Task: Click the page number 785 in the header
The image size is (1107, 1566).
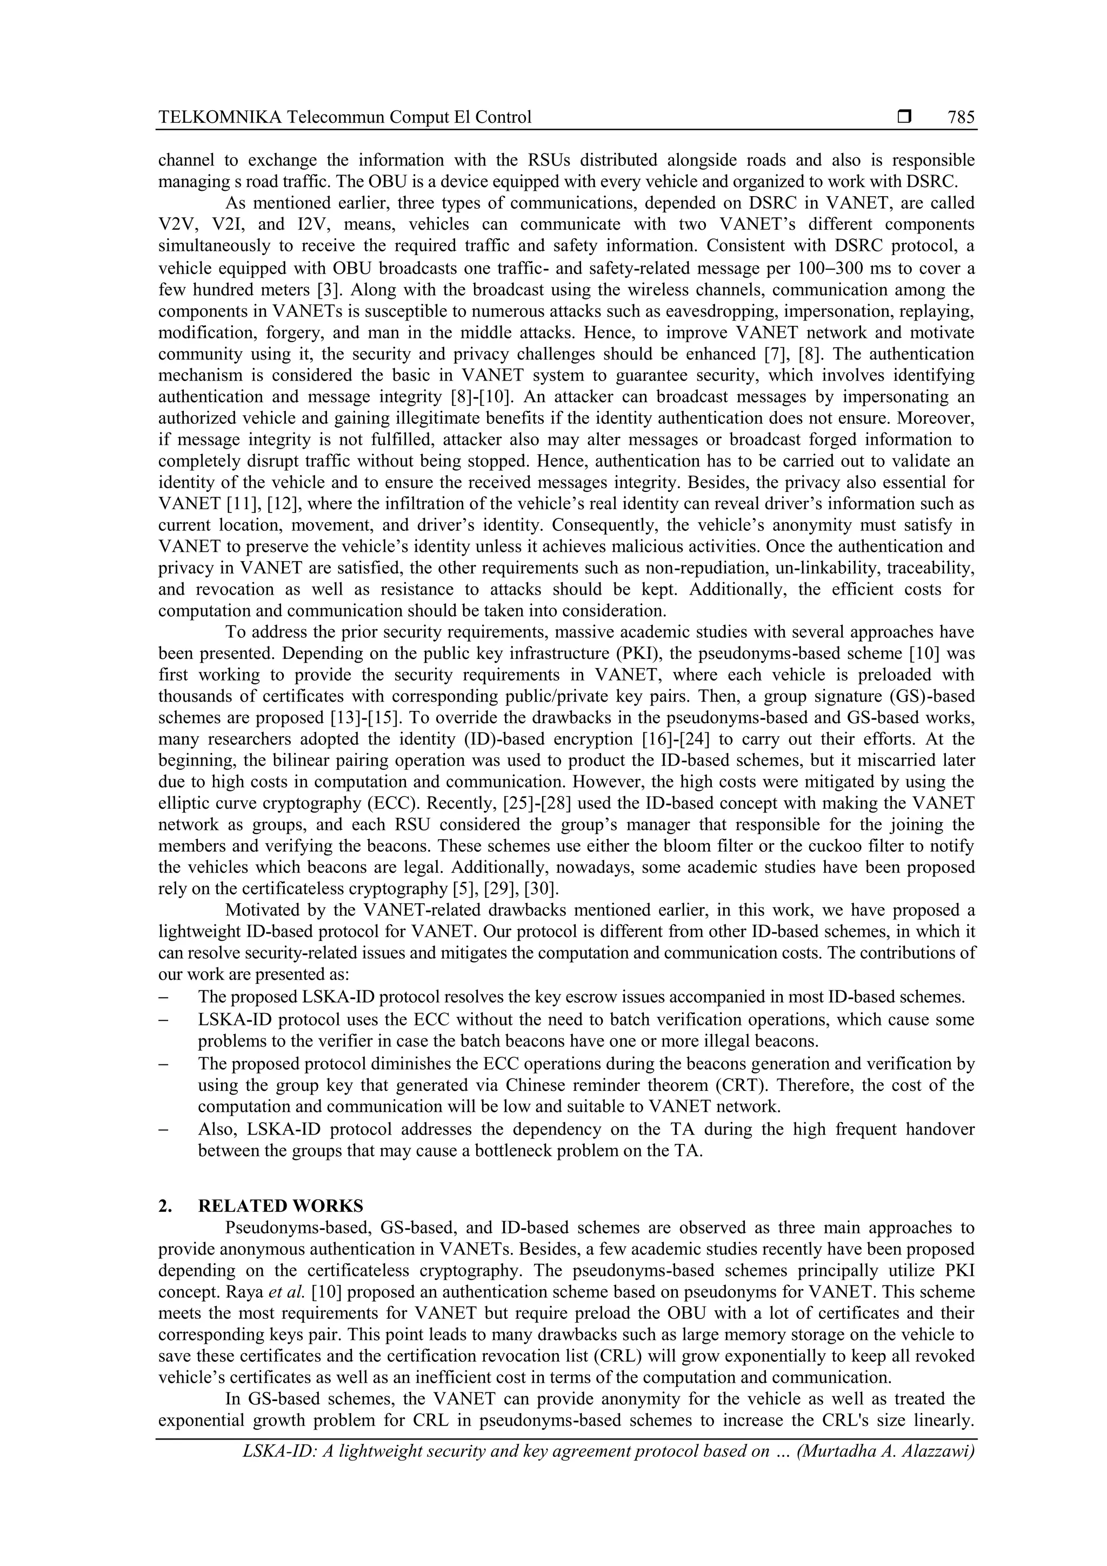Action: [x=961, y=117]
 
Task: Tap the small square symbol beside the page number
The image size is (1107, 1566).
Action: [x=904, y=117]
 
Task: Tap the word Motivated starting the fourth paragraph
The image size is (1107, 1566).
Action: [x=263, y=910]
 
